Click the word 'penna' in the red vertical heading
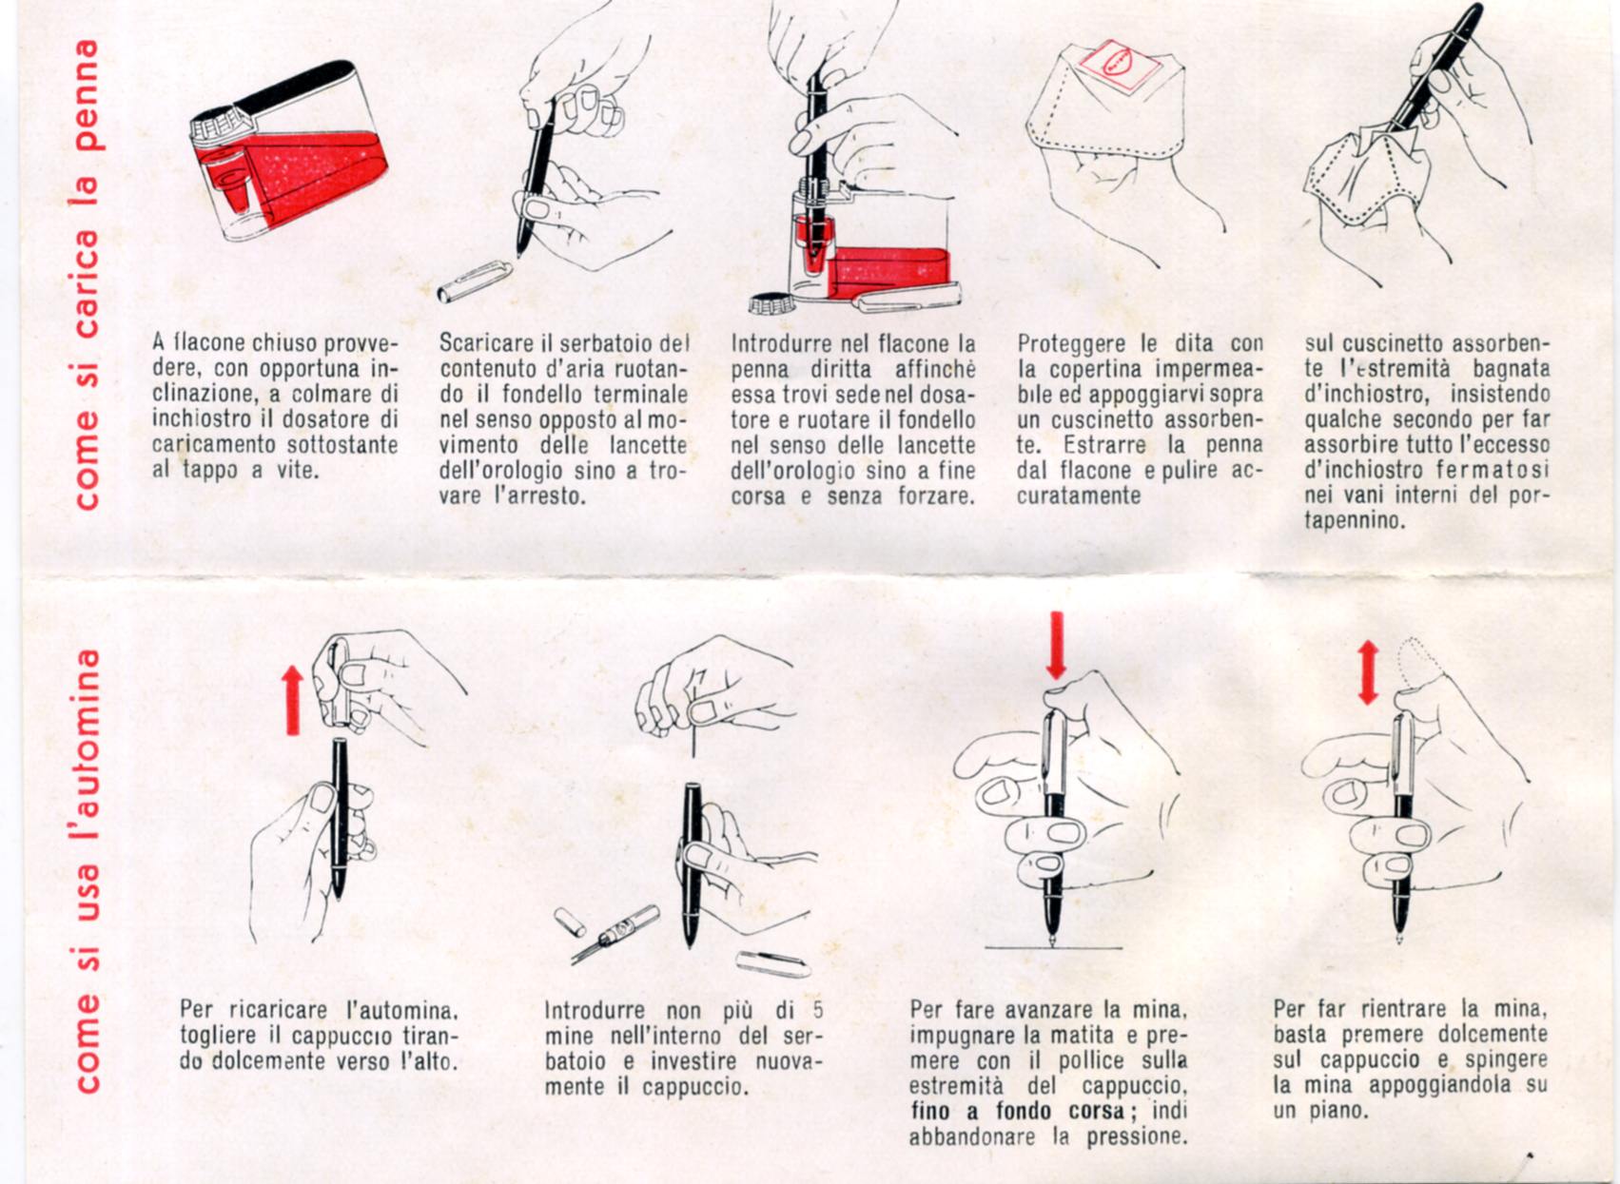coord(89,94)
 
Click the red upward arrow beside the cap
coord(293,701)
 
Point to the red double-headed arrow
coord(1368,673)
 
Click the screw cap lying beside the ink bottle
coord(771,303)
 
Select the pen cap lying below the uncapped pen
coord(475,281)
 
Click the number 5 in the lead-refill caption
coord(817,1008)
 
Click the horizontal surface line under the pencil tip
coord(1054,947)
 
